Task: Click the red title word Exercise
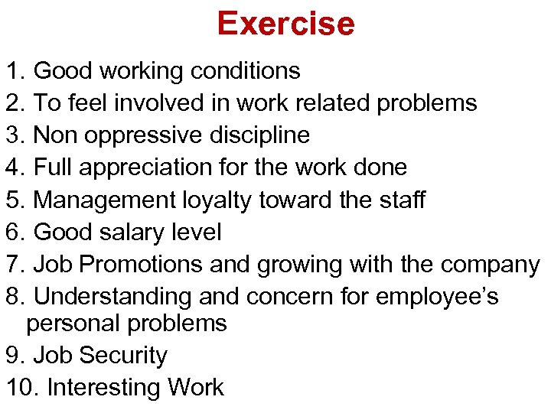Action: [x=285, y=24]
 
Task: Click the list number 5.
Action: [x=15, y=200]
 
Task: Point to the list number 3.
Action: [x=15, y=135]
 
